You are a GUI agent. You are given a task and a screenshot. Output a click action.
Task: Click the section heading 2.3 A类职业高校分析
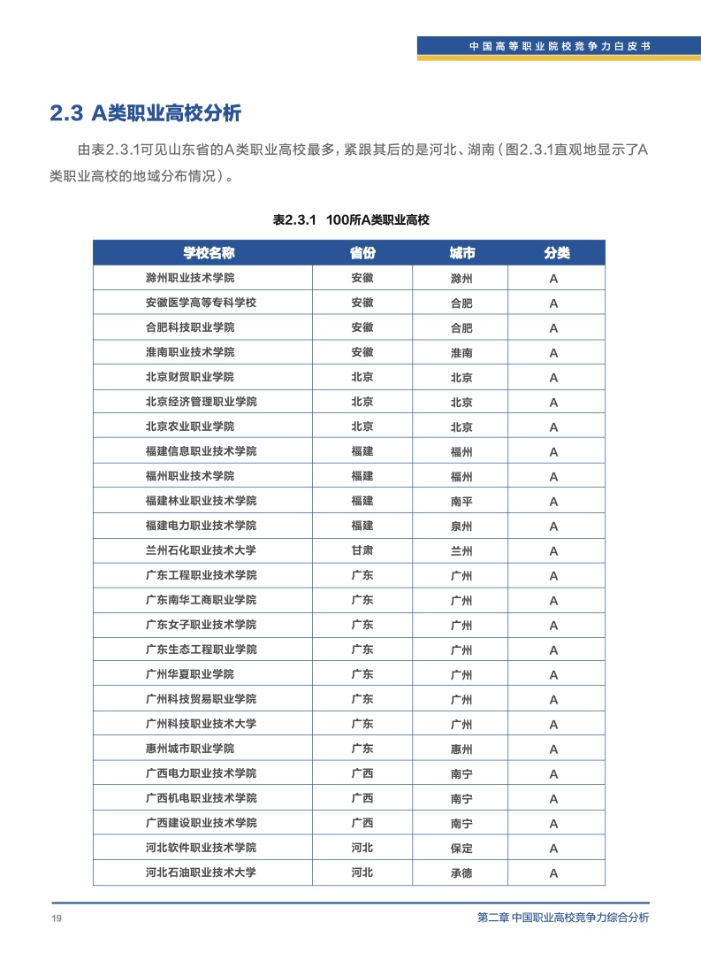(145, 113)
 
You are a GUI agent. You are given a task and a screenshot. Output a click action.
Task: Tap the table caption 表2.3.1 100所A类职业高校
(351, 219)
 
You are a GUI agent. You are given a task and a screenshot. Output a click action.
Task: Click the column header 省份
(362, 253)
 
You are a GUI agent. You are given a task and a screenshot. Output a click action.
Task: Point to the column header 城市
(461, 253)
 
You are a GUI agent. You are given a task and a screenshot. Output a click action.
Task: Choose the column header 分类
(556, 253)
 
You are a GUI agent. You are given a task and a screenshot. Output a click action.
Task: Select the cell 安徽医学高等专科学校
(201, 303)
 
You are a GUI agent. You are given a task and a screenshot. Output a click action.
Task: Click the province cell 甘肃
(362, 550)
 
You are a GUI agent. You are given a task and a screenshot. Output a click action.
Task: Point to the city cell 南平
(461, 501)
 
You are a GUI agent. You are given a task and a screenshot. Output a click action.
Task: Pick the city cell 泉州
(461, 526)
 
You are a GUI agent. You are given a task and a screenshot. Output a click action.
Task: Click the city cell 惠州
(461, 749)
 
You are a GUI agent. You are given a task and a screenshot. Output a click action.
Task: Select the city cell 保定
(461, 848)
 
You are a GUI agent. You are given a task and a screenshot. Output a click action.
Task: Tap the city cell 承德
(461, 872)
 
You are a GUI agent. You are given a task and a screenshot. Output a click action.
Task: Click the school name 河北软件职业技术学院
(201, 848)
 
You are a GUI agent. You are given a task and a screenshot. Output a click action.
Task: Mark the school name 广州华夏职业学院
(190, 674)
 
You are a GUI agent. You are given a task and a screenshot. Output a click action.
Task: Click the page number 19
(56, 918)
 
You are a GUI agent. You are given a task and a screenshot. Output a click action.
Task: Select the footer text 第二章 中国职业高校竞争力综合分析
(557, 918)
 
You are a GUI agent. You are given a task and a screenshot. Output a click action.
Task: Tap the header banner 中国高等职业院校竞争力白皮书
(560, 46)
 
